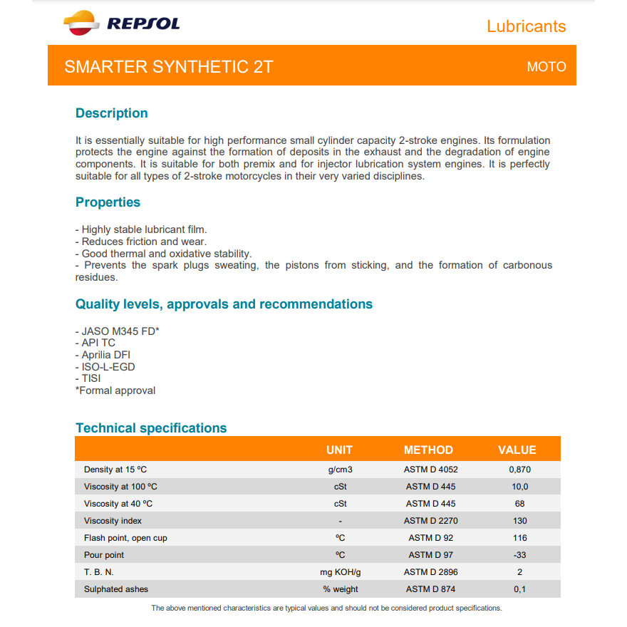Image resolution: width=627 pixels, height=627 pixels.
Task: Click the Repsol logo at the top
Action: click(x=122, y=24)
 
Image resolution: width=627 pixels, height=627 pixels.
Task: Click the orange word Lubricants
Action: click(x=526, y=26)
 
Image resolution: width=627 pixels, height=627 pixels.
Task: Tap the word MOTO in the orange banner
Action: click(x=546, y=67)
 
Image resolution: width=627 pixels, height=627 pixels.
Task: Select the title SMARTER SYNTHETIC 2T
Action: click(x=169, y=67)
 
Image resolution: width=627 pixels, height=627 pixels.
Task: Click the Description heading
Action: click(x=112, y=113)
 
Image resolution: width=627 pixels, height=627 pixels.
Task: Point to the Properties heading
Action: click(x=108, y=202)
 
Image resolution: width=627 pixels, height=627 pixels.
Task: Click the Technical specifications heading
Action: click(x=151, y=428)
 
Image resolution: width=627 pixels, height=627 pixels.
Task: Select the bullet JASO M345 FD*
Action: click(x=118, y=331)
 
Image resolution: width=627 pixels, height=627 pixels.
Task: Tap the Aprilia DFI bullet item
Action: click(x=105, y=355)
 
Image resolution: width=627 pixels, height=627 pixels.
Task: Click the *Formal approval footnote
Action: click(x=115, y=390)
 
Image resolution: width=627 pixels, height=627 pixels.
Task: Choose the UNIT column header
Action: click(x=339, y=450)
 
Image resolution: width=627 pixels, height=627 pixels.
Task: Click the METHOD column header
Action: click(x=428, y=450)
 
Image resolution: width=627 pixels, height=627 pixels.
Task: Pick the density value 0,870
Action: click(x=519, y=470)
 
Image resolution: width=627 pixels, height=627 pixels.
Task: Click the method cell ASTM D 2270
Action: click(x=430, y=521)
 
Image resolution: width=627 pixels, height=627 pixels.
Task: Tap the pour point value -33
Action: click(x=519, y=555)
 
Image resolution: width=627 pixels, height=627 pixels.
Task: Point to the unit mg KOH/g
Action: click(x=341, y=572)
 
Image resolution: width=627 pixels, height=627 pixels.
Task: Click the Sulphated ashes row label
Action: click(x=116, y=589)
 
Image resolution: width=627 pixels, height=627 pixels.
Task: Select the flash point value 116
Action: click(x=519, y=538)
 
